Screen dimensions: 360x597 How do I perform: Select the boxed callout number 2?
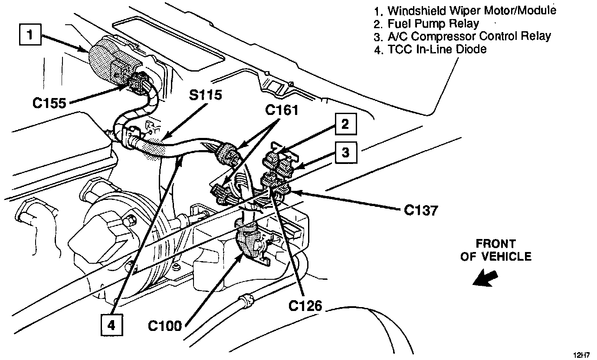click(x=345, y=124)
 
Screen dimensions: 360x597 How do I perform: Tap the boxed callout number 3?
click(x=345, y=152)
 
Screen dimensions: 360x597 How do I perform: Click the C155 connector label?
click(x=50, y=103)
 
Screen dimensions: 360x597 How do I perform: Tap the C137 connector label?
click(x=421, y=210)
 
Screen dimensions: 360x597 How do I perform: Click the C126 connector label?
click(x=305, y=306)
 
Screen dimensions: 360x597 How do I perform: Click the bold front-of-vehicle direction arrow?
click(x=485, y=278)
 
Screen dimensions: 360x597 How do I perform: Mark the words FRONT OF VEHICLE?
click(x=495, y=250)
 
